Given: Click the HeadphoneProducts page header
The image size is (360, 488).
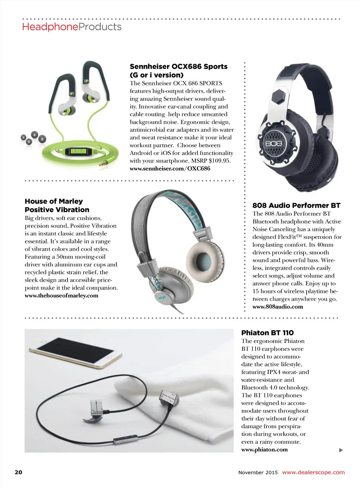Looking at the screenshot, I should point(72,27).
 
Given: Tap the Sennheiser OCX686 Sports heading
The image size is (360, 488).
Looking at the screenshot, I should point(179,70).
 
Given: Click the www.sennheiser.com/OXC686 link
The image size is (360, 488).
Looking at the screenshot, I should point(170,169).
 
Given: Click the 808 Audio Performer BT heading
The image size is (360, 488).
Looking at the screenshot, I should point(296,205).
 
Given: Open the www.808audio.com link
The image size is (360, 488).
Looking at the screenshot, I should point(277,307).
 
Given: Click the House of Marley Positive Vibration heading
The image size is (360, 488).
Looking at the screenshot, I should point(57,205).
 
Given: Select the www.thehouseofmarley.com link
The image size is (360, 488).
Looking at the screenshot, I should point(62,296).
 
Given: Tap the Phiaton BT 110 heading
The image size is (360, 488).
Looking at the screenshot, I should point(267,333).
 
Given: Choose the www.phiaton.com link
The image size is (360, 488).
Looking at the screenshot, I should point(264,450).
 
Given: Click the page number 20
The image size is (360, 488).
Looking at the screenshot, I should point(18,472).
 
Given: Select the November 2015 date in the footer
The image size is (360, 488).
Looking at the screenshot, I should point(258,473).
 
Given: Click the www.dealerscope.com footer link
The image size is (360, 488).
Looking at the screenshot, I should point(313,473).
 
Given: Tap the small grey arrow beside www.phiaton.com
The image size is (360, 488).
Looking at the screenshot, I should point(341,450).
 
